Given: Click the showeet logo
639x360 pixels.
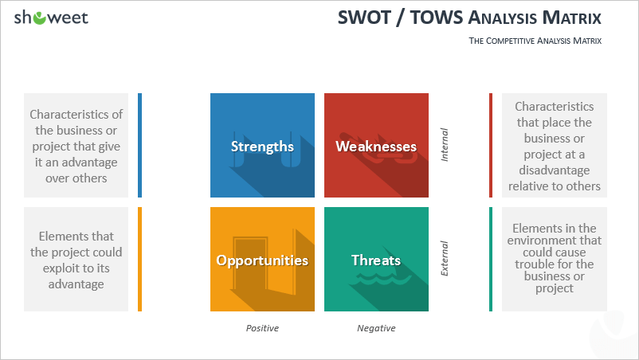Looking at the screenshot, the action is [x=51, y=18].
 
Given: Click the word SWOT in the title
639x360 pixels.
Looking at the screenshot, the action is [x=364, y=18].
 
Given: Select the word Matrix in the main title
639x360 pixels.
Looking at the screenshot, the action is [x=572, y=18].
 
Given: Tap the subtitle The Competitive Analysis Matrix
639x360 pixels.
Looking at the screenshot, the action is [x=535, y=41].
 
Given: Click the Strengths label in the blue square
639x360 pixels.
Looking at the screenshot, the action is [x=262, y=147].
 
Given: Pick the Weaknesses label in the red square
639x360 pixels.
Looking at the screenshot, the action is [x=376, y=147].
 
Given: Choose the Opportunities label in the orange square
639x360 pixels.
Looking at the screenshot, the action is [x=262, y=260].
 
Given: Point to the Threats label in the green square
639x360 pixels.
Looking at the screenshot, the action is [x=376, y=260].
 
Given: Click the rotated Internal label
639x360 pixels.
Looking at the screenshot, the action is [x=445, y=145].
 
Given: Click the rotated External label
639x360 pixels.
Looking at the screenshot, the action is [x=445, y=259].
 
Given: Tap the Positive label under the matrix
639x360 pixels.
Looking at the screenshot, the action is [x=262, y=328].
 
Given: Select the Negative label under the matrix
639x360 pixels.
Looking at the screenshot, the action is [x=376, y=328].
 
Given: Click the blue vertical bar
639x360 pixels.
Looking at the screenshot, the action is [x=139, y=146].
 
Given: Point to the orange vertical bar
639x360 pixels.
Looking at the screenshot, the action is [x=139, y=260].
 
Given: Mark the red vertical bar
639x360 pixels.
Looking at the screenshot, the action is [x=491, y=146].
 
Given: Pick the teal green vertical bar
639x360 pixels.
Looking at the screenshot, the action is [x=491, y=260].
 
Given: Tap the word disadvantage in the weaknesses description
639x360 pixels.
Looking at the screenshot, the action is [x=555, y=170].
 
